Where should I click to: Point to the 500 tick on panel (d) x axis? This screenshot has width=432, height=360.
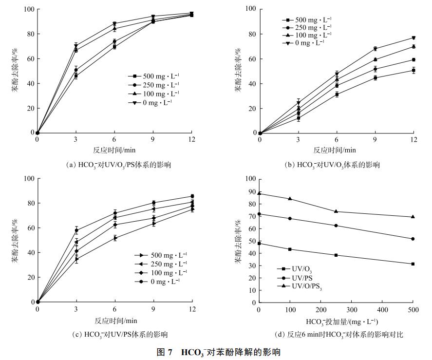(x=413, y=309)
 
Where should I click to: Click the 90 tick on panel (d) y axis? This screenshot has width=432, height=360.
(x=251, y=191)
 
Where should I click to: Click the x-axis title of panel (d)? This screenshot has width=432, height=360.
(x=335, y=322)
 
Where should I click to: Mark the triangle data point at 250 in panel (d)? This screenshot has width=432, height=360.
(x=336, y=211)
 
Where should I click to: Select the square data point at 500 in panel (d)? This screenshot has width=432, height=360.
(x=413, y=264)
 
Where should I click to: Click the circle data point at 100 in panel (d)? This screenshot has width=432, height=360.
(x=290, y=218)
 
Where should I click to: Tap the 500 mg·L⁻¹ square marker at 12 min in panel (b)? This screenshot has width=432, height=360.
(x=413, y=71)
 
